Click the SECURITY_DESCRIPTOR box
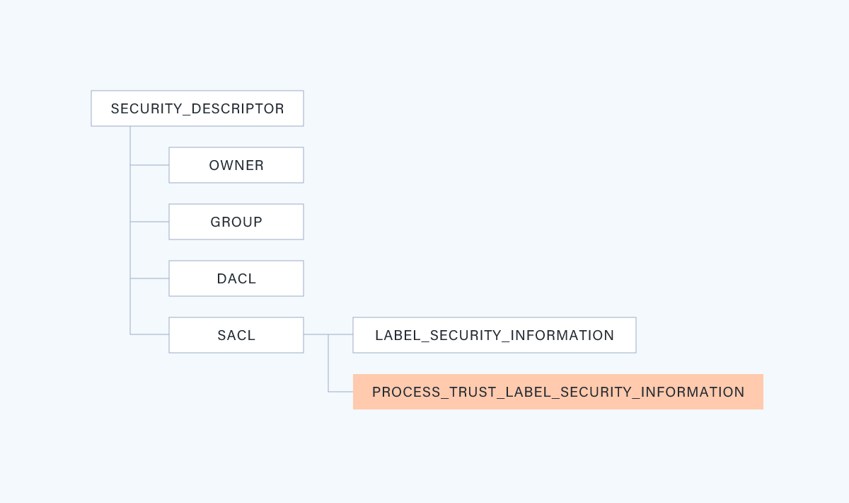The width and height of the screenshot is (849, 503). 197,108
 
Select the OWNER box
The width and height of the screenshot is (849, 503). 236,165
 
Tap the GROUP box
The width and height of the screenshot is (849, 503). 236,222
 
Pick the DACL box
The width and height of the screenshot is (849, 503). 236,278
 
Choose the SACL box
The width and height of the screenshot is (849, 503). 236,335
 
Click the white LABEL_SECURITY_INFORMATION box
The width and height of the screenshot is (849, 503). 495,335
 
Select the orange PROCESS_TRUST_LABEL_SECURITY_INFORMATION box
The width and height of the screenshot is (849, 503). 558,392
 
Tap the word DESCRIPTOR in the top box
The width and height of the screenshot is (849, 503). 238,108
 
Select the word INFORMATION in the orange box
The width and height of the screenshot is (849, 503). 693,392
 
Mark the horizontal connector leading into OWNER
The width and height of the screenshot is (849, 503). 149,165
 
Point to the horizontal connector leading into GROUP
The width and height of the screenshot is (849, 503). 149,222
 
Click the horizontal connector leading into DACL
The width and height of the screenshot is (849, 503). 149,278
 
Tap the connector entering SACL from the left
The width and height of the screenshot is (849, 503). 149,334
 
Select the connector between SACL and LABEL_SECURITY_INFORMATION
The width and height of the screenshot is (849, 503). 328,334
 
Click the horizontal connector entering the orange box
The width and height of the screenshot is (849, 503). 340,391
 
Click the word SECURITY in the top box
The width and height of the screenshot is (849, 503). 146,108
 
